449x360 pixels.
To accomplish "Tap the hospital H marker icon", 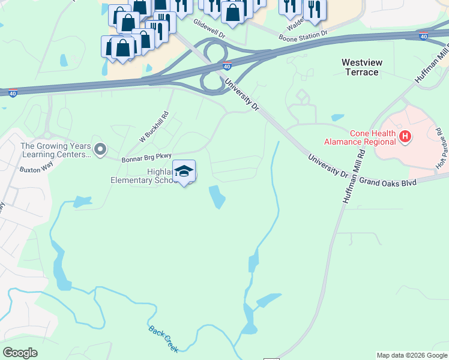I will point(406,137).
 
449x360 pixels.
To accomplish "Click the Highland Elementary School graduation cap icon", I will point(184,170).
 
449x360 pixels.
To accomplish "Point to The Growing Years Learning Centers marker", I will point(100,148).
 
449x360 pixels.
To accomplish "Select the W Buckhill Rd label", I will point(155,128).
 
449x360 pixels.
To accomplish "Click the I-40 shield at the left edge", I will point(13,93).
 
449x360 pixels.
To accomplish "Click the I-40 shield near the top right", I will point(424,37).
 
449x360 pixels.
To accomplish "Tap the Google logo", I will point(20,353).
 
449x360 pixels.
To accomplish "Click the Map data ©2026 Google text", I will point(411,355).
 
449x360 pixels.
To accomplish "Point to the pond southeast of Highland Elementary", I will point(217,197).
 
